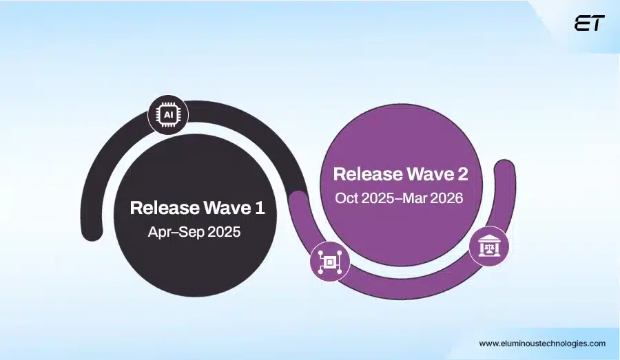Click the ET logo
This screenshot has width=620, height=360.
tap(589, 23)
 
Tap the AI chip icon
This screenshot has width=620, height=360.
tap(168, 115)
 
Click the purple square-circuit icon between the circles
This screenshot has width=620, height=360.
tap(330, 262)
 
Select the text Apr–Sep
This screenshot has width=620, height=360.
tap(173, 232)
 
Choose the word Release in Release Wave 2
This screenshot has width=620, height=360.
tap(363, 173)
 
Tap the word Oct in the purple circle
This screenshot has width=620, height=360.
tap(348, 198)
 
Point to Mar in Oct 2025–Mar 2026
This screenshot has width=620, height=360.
tap(418, 198)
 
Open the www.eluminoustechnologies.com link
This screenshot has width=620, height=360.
tap(542, 343)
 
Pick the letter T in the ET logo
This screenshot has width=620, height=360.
tap(597, 23)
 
